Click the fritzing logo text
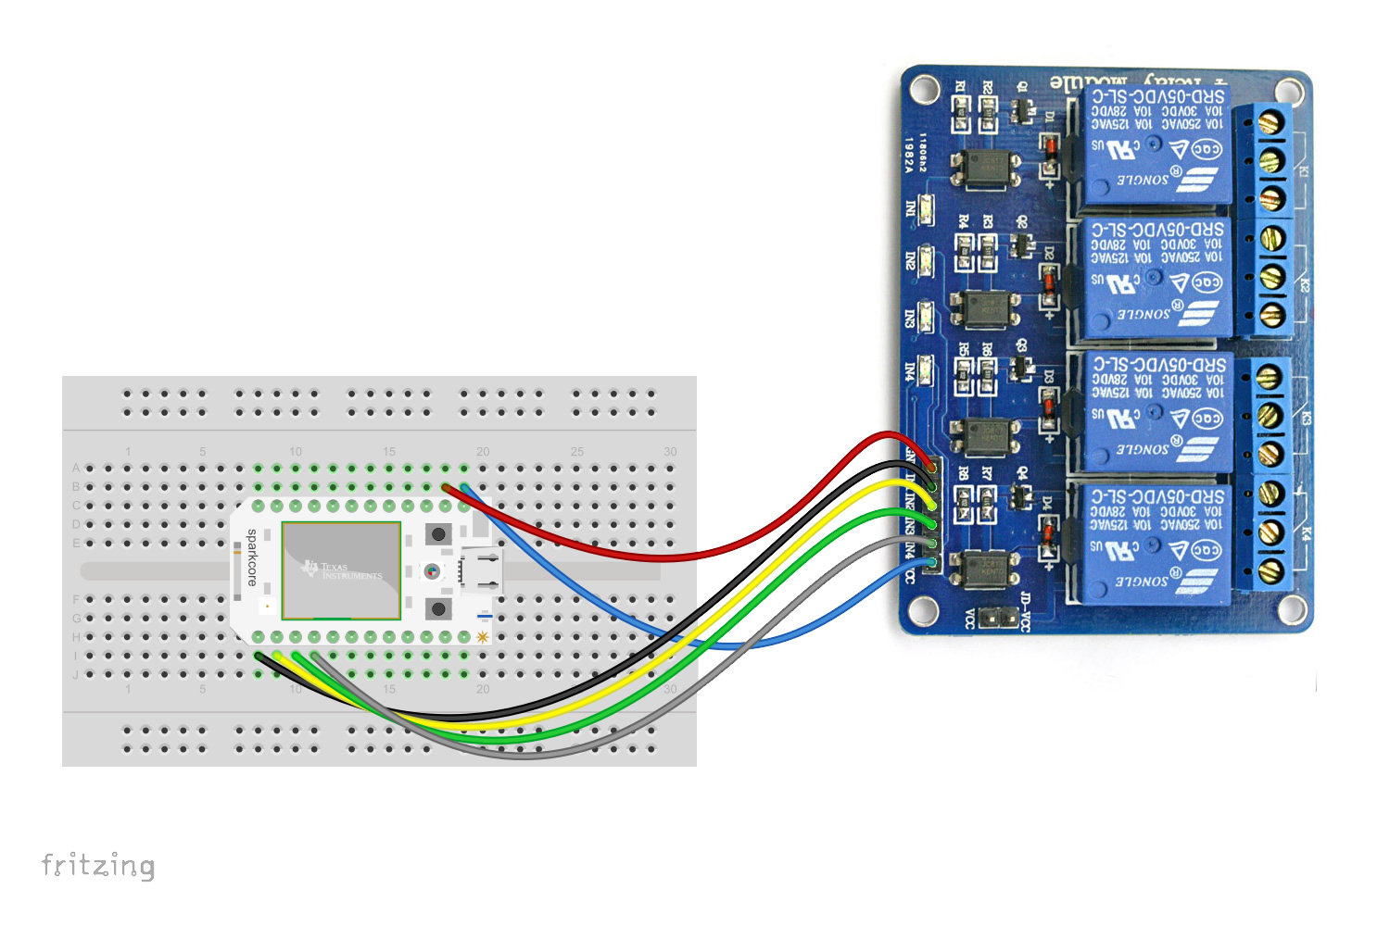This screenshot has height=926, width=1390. [x=98, y=866]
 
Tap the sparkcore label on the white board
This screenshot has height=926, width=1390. [x=251, y=557]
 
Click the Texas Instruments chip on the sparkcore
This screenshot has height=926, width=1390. [x=341, y=569]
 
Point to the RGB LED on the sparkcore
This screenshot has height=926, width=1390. [x=431, y=571]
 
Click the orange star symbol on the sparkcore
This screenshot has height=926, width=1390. [x=482, y=637]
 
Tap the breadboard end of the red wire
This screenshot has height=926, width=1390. [x=447, y=487]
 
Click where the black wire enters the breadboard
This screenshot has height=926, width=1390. [x=259, y=656]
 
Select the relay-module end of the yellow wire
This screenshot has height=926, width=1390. [x=930, y=505]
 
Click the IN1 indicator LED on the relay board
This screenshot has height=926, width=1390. [x=926, y=207]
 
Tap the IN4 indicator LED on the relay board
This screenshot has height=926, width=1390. [x=926, y=369]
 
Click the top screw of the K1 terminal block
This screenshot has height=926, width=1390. [x=1272, y=120]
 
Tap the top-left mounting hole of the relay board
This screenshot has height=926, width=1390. [x=923, y=89]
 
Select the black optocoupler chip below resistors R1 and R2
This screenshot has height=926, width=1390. [x=985, y=167]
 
